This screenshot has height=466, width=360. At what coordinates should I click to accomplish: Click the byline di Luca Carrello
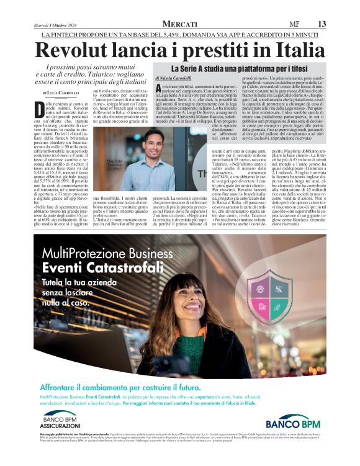[61, 91]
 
